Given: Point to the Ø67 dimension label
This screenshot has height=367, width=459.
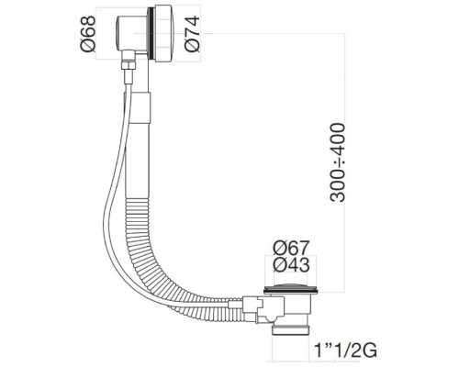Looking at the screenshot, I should pos(290,247).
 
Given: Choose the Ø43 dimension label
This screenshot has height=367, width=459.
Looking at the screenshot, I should pos(290,265).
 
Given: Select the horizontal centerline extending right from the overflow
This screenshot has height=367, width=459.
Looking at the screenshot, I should pos(275,36).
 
